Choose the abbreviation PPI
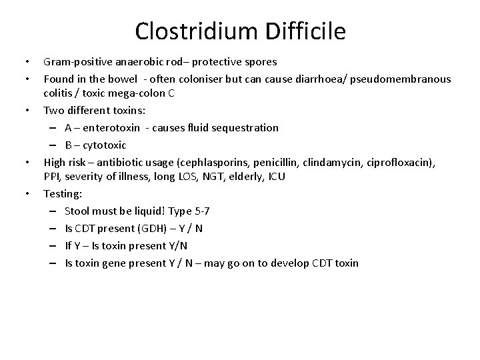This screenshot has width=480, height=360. (x=51, y=176)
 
